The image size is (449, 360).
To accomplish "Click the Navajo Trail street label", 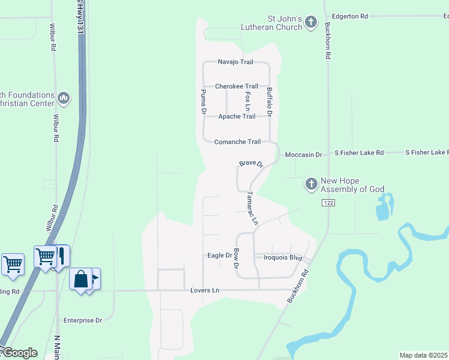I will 235,62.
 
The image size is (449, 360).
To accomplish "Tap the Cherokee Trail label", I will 237,86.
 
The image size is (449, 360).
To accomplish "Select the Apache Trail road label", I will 237,116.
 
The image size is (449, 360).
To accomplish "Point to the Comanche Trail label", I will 238,142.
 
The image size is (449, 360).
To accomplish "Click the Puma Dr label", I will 203,102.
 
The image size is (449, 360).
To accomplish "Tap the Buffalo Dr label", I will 270,101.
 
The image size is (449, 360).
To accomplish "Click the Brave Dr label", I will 251,163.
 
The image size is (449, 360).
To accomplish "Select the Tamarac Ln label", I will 253,208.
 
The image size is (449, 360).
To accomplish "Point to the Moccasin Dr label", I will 303,155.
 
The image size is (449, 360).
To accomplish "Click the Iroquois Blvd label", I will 282,257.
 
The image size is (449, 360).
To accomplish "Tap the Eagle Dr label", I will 220,256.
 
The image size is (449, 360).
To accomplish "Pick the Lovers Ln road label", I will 205,291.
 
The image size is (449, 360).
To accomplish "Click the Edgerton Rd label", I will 349,17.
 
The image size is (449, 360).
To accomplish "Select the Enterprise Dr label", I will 83,320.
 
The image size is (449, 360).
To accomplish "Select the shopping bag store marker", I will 80,280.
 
